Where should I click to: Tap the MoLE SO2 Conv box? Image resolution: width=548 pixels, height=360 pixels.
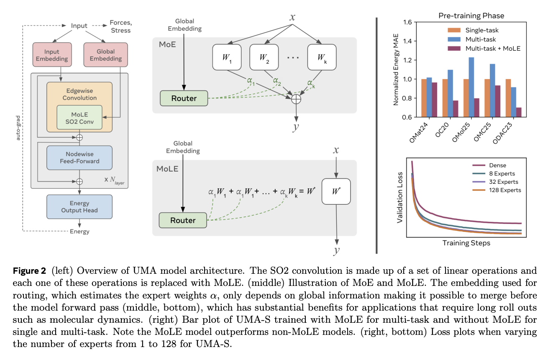tap(79, 117)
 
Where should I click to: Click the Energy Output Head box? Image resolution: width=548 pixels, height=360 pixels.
tap(79, 206)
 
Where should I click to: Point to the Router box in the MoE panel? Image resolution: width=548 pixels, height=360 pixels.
tap(184, 98)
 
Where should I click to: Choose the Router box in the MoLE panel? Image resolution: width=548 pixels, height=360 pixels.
tap(183, 220)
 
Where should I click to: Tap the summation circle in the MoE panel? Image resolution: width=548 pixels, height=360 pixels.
tap(296, 99)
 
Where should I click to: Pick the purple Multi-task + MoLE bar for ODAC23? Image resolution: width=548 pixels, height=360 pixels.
tap(518, 112)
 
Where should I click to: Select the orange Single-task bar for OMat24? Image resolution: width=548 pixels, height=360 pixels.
tap(424, 98)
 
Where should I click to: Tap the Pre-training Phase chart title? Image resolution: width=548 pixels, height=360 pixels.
tap(471, 16)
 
